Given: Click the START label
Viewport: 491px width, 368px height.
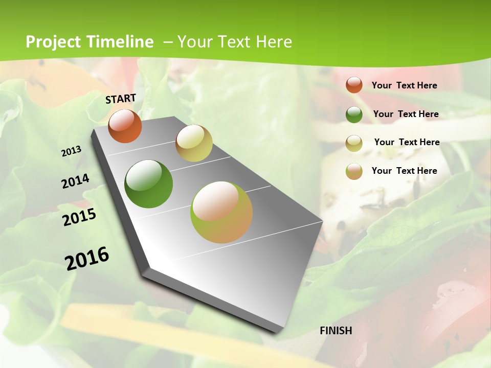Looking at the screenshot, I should point(121,99).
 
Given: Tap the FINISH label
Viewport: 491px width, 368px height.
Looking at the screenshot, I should point(336,331).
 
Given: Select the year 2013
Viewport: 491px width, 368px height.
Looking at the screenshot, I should point(71,151).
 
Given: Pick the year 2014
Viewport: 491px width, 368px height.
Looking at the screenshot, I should point(75,181).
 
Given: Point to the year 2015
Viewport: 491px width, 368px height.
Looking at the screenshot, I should point(79,217).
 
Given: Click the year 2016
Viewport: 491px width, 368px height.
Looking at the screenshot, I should point(87,258).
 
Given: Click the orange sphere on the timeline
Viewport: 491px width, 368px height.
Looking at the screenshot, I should point(125,126).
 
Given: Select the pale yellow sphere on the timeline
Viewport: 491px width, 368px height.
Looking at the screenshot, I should point(194,143).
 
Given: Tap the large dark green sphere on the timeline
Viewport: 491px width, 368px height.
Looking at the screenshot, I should point(149,184).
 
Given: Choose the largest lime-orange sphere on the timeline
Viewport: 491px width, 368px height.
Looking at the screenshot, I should point(221,212).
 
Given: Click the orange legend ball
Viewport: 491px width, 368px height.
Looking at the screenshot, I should point(354,85).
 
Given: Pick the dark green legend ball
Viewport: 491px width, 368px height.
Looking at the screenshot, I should point(354,114).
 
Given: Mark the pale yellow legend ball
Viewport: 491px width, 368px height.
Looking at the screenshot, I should point(354,143).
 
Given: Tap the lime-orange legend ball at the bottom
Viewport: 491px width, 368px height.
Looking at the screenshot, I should point(354,171).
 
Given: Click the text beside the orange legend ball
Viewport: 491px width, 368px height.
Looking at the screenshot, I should point(404,85).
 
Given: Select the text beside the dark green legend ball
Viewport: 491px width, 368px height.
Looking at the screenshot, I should point(406,114).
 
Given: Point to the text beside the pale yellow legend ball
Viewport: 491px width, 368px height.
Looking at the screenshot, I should point(407,142).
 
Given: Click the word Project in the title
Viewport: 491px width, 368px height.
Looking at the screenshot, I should point(53,42).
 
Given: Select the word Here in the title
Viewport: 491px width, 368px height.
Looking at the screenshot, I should point(274,42).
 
